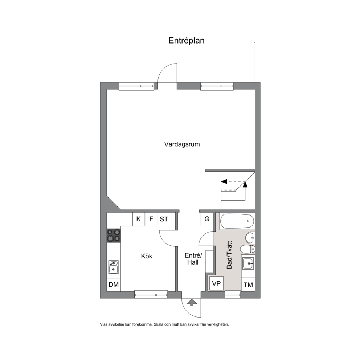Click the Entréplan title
(x=186, y=41)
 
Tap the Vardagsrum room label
(x=182, y=144)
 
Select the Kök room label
(x=147, y=256)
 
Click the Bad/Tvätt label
(x=229, y=255)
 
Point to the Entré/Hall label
(x=193, y=259)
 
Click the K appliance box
(x=139, y=219)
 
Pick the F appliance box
(x=151, y=219)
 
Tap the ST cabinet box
(x=164, y=219)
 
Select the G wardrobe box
(x=207, y=219)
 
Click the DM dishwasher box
(x=114, y=285)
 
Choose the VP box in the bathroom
(x=216, y=283)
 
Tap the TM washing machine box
(x=248, y=285)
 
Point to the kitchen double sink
(x=114, y=267)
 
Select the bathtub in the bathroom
(x=237, y=221)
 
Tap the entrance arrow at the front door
(x=192, y=302)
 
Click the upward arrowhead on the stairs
(x=245, y=184)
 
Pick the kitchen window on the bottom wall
(x=151, y=295)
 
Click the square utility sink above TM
(x=248, y=263)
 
